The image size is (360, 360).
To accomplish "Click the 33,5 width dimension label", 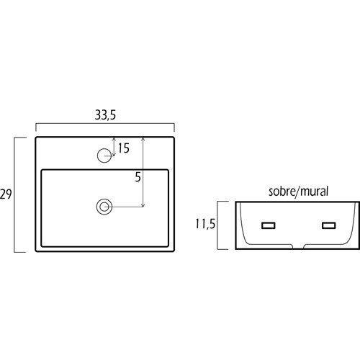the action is coord(105,115).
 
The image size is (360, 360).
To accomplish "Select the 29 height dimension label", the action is coord(6,194).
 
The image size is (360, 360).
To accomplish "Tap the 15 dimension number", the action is coord(124,148).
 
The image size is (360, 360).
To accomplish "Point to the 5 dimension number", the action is coord(138,177).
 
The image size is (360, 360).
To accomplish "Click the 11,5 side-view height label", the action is coord(205,224).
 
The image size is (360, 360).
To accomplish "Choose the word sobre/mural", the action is coord(298,192).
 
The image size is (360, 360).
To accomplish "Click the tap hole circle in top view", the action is coord(104,156).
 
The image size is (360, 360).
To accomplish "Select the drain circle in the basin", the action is coord(104,207).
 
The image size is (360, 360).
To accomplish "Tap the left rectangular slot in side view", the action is coord(269,225).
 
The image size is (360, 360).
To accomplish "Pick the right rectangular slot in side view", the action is coord(328,225).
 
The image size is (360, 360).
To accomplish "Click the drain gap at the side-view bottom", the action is coord(298,246).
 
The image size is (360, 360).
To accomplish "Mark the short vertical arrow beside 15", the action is coord(114,147).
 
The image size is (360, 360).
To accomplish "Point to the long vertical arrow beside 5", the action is coord(143,172).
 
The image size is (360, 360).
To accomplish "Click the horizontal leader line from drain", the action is coord(124,207).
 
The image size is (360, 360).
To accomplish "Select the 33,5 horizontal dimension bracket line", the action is coord(105,124).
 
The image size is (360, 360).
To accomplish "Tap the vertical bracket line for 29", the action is coord(14,194).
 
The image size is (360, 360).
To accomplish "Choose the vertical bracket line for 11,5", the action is coord(218,225).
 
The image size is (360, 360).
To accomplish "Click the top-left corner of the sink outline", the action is coord(36,138).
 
